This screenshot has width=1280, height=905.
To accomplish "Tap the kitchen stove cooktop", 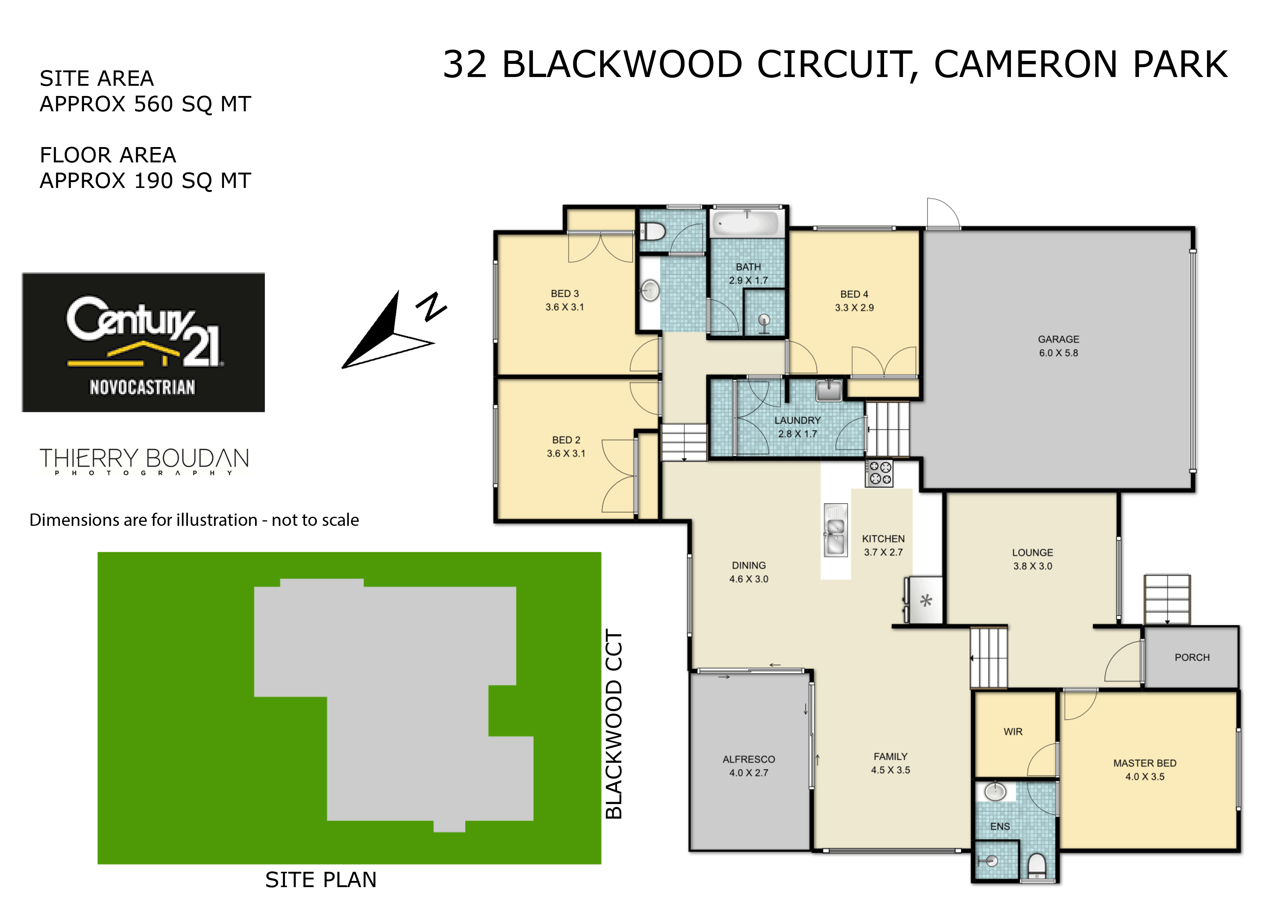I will [879, 473].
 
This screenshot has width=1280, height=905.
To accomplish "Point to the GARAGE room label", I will [1058, 339].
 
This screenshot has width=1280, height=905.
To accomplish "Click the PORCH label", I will [1192, 658].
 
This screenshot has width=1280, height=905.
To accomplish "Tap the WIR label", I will [1013, 732].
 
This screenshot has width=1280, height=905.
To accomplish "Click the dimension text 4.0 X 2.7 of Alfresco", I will [749, 773].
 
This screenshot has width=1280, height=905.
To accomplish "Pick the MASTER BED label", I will [1145, 763].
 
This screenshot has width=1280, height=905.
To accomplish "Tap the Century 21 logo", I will [143, 342].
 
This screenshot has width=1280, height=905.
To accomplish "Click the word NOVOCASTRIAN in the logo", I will [143, 387].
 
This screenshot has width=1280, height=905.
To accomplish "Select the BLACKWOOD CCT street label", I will [614, 724].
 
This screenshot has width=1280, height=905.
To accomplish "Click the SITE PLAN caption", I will [321, 879].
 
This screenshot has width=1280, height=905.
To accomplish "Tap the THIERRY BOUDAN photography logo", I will [144, 461].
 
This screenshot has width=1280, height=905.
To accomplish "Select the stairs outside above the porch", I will [1167, 600].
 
